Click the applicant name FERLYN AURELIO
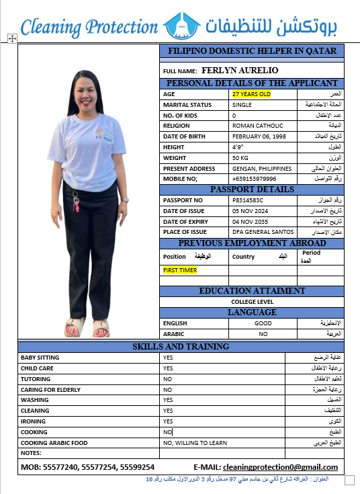[240, 71]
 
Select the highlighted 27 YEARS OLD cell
[251, 94]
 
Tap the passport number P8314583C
[248, 200]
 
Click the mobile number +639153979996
[254, 179]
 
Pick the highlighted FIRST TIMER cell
[180, 270]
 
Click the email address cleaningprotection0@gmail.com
[280, 467]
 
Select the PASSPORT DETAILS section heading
[252, 190]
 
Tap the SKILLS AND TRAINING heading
[181, 347]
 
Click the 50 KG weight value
[240, 158]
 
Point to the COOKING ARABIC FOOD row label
[53, 443]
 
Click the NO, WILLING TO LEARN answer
[195, 443]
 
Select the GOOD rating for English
[263, 323]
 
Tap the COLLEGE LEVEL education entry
[252, 302]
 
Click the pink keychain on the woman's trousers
[76, 204]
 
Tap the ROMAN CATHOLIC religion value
[257, 126]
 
